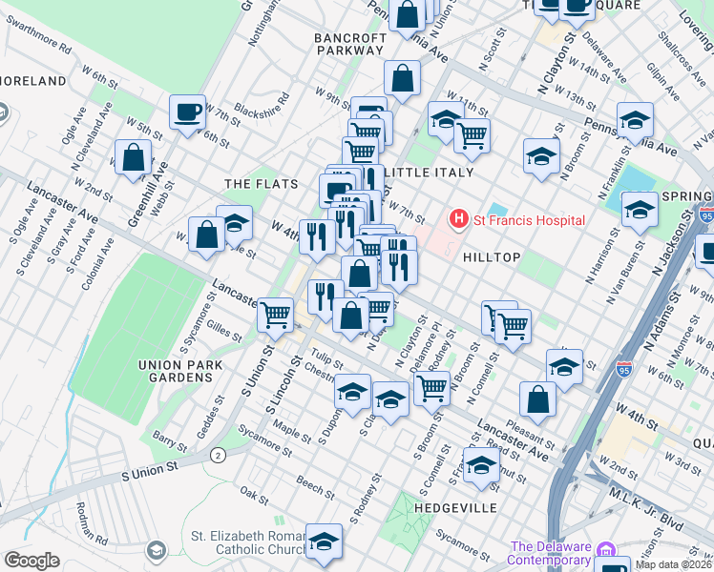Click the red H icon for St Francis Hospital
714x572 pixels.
point(459,220)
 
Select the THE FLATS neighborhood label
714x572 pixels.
point(261,183)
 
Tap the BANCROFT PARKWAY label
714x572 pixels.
point(350,46)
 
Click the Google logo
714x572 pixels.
point(32,560)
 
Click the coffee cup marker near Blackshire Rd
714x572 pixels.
point(187,112)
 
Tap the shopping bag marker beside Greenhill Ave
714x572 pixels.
point(133,157)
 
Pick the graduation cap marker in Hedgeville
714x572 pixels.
point(481,465)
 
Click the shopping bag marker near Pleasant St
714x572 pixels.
point(538,399)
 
